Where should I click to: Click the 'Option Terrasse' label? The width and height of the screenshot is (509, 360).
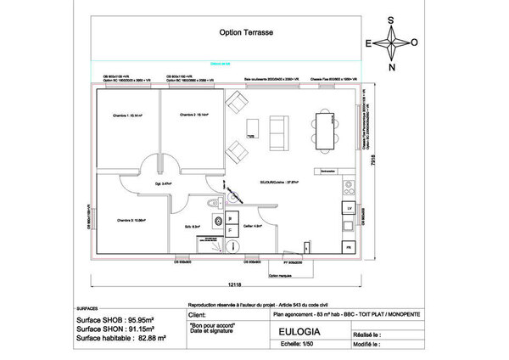coord(247,35)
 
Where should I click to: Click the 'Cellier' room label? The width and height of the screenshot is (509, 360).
coord(250,226)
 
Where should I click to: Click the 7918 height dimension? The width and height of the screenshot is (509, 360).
coord(374,173)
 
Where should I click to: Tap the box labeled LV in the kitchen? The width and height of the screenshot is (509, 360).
coord(349,207)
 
